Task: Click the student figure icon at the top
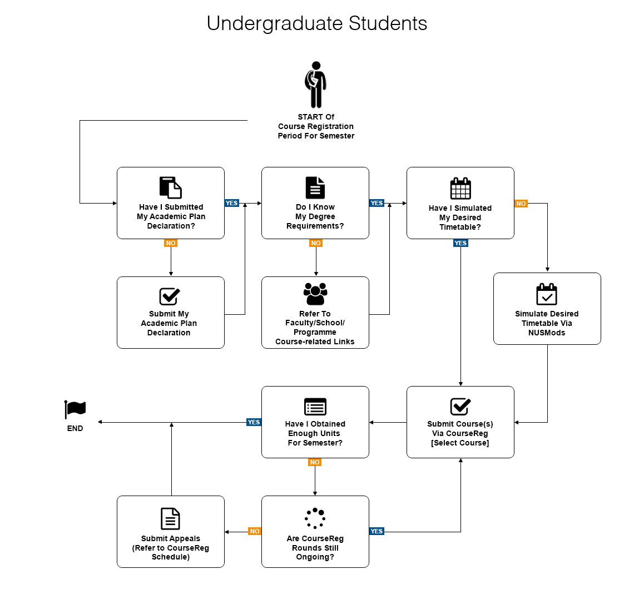[x=316, y=85]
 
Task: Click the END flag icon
[x=75, y=409]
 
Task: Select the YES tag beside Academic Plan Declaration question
[x=232, y=203]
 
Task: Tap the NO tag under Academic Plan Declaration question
[x=171, y=243]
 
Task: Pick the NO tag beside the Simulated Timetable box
[x=521, y=204]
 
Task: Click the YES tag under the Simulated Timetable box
[x=460, y=243]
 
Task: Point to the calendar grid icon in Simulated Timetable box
[x=460, y=189]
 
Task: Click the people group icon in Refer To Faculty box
[x=315, y=294]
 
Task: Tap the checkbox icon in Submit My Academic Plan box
[x=170, y=296]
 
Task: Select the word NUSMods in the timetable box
[x=547, y=333]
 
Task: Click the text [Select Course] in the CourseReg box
[x=460, y=443]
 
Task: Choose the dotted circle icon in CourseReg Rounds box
[x=315, y=518]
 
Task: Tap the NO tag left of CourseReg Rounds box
[x=255, y=531]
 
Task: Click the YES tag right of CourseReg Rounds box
[x=377, y=531]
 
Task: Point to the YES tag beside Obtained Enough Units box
[x=254, y=422]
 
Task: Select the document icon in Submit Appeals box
[x=170, y=518]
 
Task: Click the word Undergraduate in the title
[x=275, y=23]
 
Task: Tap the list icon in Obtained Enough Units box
[x=315, y=407]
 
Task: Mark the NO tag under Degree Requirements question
[x=316, y=243]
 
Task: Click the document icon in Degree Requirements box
[x=315, y=188]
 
